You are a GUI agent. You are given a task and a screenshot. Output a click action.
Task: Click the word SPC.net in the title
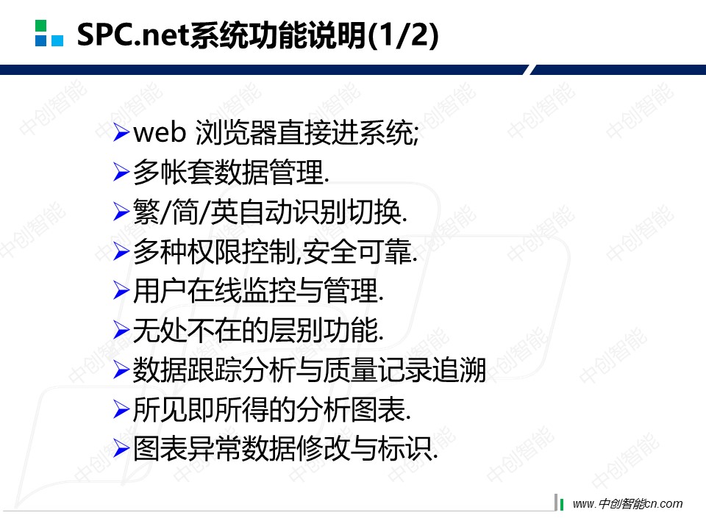[x=133, y=35]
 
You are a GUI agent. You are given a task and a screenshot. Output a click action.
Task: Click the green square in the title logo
[x=40, y=25]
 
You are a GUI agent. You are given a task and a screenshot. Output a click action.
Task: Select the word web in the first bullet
[x=160, y=133]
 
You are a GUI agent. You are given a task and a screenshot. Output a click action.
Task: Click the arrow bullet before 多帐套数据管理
[x=121, y=172]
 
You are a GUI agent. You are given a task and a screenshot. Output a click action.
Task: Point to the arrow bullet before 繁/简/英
[x=121, y=212]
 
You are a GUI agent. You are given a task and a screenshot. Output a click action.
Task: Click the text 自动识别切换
[x=320, y=212]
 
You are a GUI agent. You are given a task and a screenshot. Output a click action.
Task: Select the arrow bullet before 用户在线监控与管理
[x=121, y=290]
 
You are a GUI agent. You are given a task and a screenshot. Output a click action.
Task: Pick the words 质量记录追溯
[x=404, y=370]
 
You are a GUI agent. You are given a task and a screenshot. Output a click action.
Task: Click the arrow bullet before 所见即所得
[x=121, y=409]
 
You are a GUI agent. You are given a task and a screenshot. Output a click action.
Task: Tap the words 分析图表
[x=351, y=409]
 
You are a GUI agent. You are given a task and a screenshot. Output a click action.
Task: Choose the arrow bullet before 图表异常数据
[x=121, y=448]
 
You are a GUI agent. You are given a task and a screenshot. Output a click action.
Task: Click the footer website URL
[x=627, y=503]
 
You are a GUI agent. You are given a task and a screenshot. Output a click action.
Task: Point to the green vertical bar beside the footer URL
[x=561, y=505]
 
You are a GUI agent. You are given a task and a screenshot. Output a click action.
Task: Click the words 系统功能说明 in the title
[x=278, y=35]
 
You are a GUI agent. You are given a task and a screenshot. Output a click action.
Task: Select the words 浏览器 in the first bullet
[x=236, y=133]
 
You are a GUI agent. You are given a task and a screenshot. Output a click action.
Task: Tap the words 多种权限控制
[x=215, y=251]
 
